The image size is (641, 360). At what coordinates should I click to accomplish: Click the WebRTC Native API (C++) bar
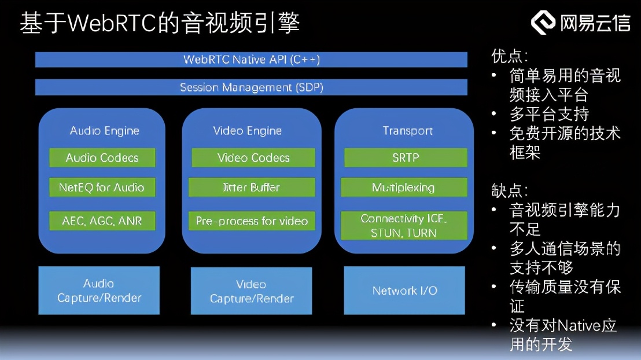pyautogui.click(x=251, y=60)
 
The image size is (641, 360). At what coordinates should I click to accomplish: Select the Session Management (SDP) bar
pyautogui.click(x=251, y=87)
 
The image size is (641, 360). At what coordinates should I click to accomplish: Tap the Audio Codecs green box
pyautogui.click(x=102, y=157)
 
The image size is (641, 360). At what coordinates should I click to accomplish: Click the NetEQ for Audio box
pyautogui.click(x=102, y=188)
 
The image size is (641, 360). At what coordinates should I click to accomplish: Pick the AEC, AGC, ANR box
pyautogui.click(x=102, y=221)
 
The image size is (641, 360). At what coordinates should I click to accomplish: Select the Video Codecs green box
pyautogui.click(x=253, y=157)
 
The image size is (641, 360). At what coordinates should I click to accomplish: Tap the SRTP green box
pyautogui.click(x=405, y=157)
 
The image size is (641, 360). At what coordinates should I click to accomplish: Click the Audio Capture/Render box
pyautogui.click(x=99, y=291)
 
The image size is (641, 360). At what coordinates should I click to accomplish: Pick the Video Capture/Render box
pyautogui.click(x=252, y=291)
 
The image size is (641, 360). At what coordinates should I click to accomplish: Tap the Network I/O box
pyautogui.click(x=404, y=291)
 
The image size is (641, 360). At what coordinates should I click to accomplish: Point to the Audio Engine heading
pyautogui.click(x=105, y=131)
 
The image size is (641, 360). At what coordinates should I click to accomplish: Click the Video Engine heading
pyautogui.click(x=248, y=131)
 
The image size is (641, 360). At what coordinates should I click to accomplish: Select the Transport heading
pyautogui.click(x=407, y=131)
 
